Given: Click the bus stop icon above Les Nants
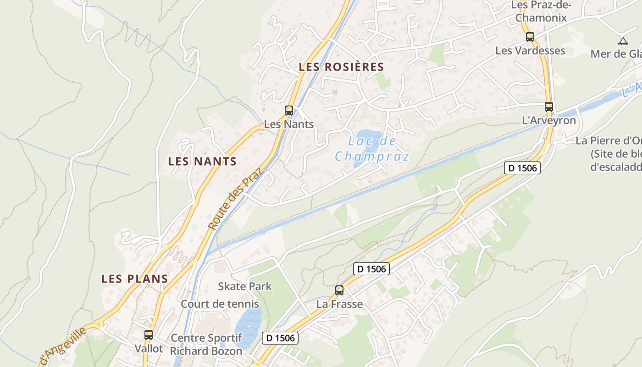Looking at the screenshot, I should (x=288, y=110).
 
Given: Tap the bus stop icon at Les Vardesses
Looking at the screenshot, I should (x=530, y=37).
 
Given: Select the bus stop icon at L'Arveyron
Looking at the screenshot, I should (x=549, y=107).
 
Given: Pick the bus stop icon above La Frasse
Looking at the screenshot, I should (x=339, y=290).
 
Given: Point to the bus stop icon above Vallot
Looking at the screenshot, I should (x=149, y=334).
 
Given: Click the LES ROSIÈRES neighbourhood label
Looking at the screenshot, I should (x=341, y=67).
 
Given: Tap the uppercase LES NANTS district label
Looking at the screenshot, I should (x=202, y=161).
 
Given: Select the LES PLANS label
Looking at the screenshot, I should (x=135, y=279).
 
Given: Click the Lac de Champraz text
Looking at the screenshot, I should (x=371, y=149).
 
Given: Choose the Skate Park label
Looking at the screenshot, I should (x=244, y=287).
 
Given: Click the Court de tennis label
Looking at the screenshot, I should (x=220, y=304).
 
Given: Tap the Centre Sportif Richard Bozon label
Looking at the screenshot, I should (x=206, y=345).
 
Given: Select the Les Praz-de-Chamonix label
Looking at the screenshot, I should (x=541, y=12).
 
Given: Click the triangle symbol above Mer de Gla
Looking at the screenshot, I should (x=623, y=41).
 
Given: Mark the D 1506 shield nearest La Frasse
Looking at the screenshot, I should (x=371, y=269).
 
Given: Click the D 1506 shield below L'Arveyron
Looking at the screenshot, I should (x=523, y=168).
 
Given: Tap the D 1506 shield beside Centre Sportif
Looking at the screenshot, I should (x=280, y=339).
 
